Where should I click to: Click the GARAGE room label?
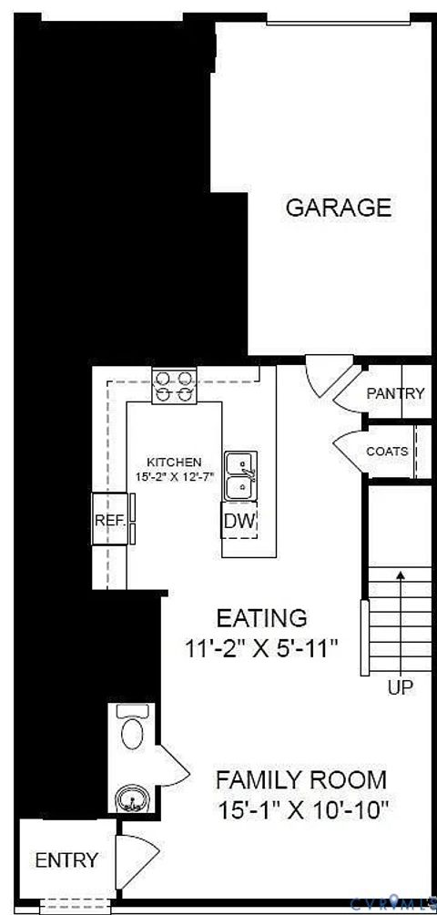pyautogui.click(x=339, y=208)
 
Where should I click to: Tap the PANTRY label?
pyautogui.click(x=395, y=393)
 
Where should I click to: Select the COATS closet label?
pyautogui.click(x=387, y=452)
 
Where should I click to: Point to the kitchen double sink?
pyautogui.click(x=240, y=475)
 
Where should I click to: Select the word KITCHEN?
pyautogui.click(x=176, y=462)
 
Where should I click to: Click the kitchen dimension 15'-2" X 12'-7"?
pyautogui.click(x=174, y=475)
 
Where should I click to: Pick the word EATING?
pyautogui.click(x=261, y=618)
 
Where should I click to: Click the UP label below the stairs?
pyautogui.click(x=401, y=688)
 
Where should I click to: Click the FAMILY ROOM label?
pyautogui.click(x=300, y=780)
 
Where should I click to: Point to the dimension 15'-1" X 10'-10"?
pyautogui.click(x=303, y=808)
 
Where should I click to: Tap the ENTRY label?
pyautogui.click(x=66, y=859)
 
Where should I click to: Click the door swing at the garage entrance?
pyautogui.click(x=323, y=375)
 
